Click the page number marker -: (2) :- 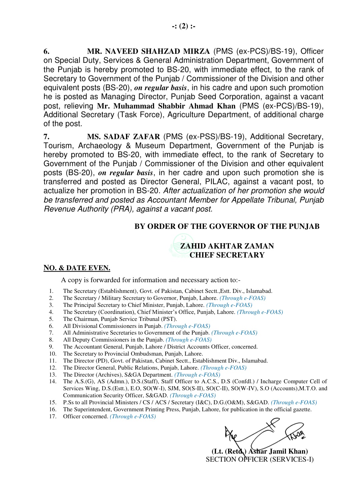click(x=184, y=26)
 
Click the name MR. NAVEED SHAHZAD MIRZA click(x=148, y=51)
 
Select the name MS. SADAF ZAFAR click(x=123, y=137)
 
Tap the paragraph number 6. click(x=46, y=51)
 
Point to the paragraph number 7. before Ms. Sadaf click(x=46, y=137)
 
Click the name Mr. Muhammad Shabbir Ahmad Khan click(x=166, y=106)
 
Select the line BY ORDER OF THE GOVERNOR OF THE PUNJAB click(x=227, y=226)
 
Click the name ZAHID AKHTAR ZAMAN click(x=227, y=246)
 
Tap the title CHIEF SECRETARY click(x=227, y=255)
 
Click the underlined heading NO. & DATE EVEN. click(x=77, y=268)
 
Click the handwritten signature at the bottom click(x=263, y=434)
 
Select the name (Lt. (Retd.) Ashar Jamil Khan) click(x=260, y=452)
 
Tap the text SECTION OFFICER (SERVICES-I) click(x=260, y=460)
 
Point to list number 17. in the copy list click(x=53, y=417)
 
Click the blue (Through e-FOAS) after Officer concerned click(x=133, y=417)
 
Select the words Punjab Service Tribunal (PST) click(x=139, y=319)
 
